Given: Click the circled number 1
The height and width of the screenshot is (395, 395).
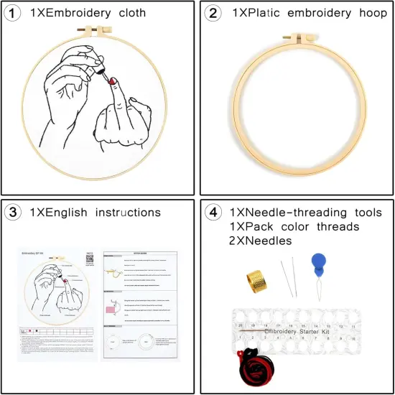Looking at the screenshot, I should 14,12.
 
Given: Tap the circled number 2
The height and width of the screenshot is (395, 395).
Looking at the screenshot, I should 214,12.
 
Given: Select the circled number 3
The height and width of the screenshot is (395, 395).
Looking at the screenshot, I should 14,212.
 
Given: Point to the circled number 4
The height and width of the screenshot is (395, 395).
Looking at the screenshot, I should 214,212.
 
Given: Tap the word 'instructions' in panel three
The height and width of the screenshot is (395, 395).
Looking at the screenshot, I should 121,212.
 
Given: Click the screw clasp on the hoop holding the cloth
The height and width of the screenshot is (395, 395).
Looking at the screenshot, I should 98,33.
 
